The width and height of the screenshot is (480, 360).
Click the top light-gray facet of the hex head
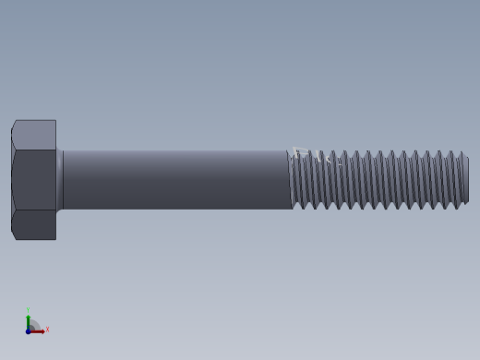(x=34, y=135)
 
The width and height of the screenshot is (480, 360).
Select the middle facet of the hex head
(x=34, y=180)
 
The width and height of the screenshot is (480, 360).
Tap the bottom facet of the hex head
(x=34, y=224)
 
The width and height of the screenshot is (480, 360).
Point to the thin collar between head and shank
(x=60, y=180)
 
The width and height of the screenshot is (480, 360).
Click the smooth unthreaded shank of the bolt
(x=175, y=180)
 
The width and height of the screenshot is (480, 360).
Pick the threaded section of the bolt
(x=378, y=180)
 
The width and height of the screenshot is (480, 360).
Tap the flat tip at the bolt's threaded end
(x=466, y=180)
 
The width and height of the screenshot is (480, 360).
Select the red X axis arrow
(x=39, y=330)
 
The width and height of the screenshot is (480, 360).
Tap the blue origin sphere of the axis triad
(x=29, y=330)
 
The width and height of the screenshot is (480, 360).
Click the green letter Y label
(x=29, y=310)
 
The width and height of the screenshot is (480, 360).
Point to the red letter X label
(x=47, y=330)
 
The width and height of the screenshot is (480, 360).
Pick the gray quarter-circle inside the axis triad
(x=34, y=325)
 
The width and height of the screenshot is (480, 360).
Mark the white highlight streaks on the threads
(x=314, y=156)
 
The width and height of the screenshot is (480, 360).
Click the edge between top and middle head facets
(x=34, y=150)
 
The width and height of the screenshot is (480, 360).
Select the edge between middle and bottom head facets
(x=34, y=210)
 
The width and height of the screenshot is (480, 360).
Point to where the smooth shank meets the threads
(x=291, y=180)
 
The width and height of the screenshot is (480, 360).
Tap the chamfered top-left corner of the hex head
(x=14, y=124)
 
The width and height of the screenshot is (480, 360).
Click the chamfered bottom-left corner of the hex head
(x=14, y=235)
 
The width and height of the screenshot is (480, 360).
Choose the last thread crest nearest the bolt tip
(x=458, y=180)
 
